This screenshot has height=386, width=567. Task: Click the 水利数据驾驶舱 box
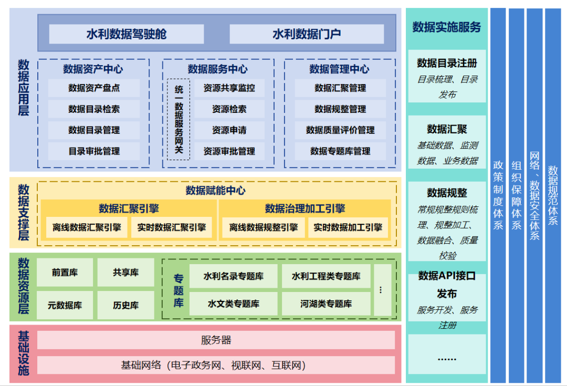pyautogui.click(x=126, y=34)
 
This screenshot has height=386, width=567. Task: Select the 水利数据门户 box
pyautogui.click(x=307, y=34)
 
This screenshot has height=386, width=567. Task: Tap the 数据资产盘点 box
pyautogui.click(x=94, y=88)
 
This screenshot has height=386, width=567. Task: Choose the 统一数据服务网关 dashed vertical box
pyautogui.click(x=178, y=120)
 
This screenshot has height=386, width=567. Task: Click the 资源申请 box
pyautogui.click(x=229, y=130)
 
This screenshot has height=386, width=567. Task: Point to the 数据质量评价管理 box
pyautogui.click(x=340, y=130)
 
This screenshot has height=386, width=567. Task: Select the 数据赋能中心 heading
pyautogui.click(x=215, y=191)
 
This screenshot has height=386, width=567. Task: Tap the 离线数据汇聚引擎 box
pyautogui.click(x=87, y=228)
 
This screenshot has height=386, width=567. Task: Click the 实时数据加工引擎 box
pyautogui.click(x=348, y=228)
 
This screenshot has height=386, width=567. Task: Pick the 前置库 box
pyautogui.click(x=65, y=273)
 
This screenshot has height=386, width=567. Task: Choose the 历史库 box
pyautogui.click(x=125, y=305)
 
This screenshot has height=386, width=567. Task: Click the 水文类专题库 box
pyautogui.click(x=234, y=304)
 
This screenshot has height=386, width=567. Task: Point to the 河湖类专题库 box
pyautogui.click(x=326, y=304)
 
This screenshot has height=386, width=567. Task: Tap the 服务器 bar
pyautogui.click(x=216, y=340)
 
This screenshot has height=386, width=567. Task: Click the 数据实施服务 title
pyautogui.click(x=447, y=27)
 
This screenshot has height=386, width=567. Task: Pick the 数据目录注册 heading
pyautogui.click(x=447, y=63)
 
